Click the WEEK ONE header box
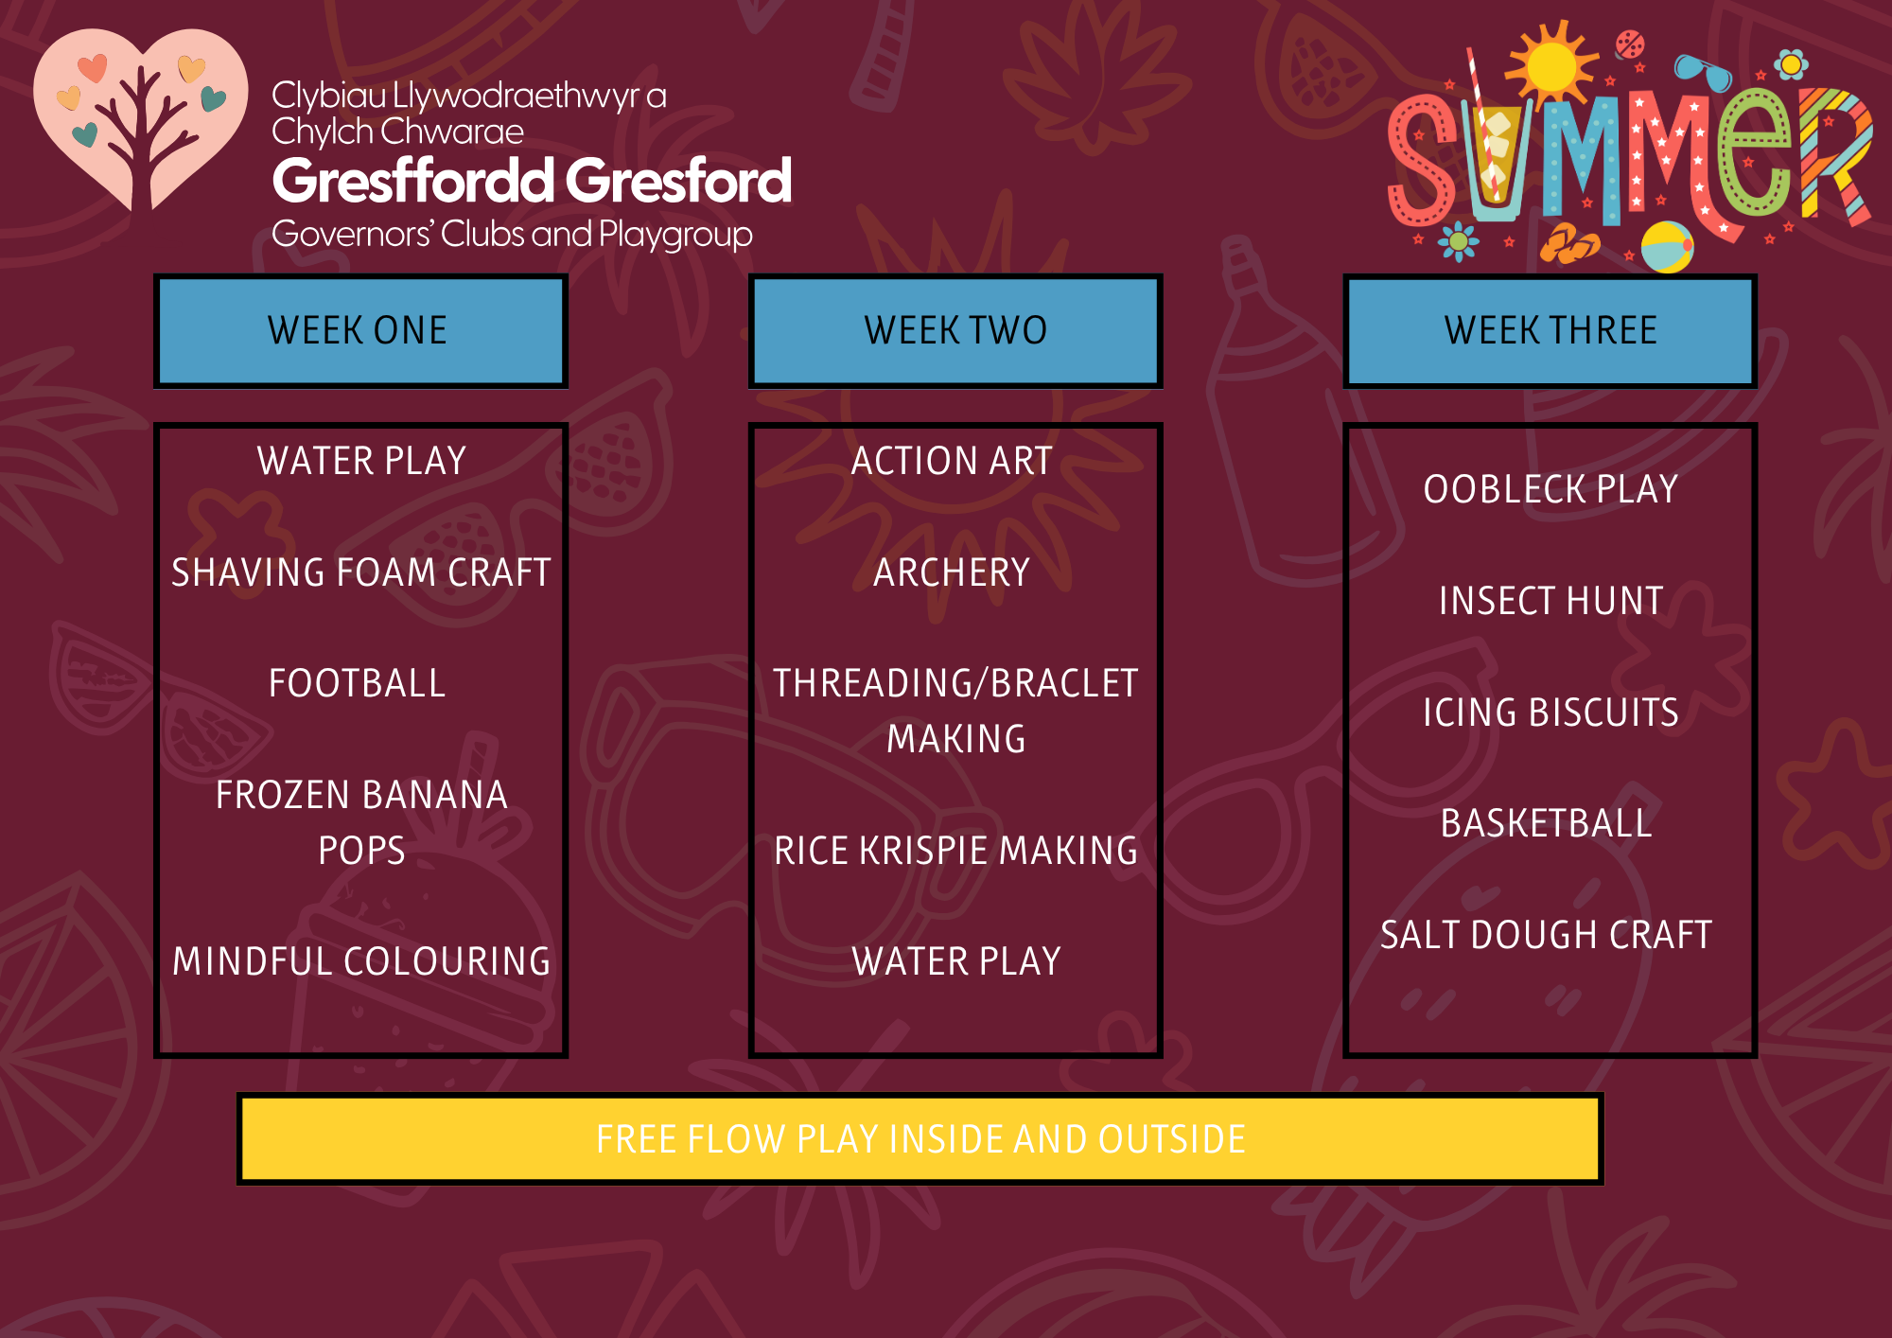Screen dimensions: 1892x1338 360,330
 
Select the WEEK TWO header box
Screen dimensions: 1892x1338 955,330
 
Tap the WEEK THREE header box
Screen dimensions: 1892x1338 1550,330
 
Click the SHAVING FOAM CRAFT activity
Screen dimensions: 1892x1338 361,572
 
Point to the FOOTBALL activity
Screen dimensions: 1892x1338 358,683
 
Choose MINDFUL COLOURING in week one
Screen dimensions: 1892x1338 361,961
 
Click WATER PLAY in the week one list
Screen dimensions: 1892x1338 361,461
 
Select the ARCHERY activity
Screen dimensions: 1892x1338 952,572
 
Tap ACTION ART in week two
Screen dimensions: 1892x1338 952,461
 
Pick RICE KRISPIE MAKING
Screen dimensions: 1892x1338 955,851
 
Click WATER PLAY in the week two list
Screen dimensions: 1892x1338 956,961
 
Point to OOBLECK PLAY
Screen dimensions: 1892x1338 1550,489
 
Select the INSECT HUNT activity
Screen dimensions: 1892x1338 1550,601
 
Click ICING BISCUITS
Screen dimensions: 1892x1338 1550,713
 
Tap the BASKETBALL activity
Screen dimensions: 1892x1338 1546,823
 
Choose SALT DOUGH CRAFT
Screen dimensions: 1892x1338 1546,935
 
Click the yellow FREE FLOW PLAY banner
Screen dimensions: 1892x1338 920,1139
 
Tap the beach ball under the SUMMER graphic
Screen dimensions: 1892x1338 1667,247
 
